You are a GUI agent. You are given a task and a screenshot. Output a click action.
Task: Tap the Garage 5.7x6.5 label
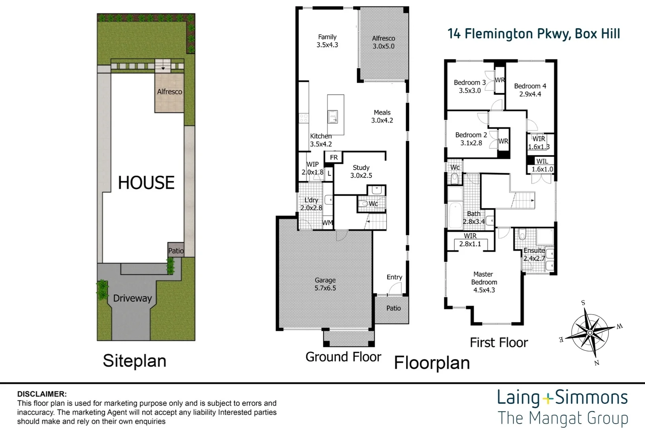[x=325, y=284]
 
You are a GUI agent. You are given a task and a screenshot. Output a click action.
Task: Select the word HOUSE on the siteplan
[x=146, y=183]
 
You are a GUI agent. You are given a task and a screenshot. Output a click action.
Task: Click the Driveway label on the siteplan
[x=132, y=298]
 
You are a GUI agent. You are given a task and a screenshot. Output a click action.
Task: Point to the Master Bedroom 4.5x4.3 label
[x=484, y=282]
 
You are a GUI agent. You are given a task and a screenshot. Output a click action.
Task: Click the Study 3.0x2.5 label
[x=361, y=172]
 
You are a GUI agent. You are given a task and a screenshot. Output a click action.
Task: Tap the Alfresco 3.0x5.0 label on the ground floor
[x=383, y=42]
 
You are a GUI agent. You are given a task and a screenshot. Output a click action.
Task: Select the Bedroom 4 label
[x=530, y=90]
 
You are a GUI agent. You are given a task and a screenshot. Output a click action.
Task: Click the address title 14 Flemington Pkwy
[x=534, y=34]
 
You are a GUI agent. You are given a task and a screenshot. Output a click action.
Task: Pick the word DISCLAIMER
[x=42, y=394]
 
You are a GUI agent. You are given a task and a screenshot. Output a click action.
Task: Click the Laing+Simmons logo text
[x=562, y=398]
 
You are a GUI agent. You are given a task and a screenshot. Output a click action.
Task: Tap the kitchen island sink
[x=333, y=117]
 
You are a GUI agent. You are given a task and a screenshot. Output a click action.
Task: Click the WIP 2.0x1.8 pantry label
[x=313, y=168]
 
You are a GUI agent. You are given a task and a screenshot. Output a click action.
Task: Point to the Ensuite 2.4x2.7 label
[x=534, y=254]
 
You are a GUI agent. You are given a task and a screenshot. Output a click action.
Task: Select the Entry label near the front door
[x=394, y=277]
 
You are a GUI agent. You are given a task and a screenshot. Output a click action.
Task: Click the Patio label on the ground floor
[x=393, y=308]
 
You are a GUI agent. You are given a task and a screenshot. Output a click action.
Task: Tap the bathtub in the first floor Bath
[x=455, y=215]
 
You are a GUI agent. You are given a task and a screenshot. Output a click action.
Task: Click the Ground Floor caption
[x=343, y=357]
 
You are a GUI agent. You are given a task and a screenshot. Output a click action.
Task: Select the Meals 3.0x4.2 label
[x=382, y=116]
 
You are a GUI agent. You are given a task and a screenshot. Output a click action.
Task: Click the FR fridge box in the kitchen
[x=334, y=157]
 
